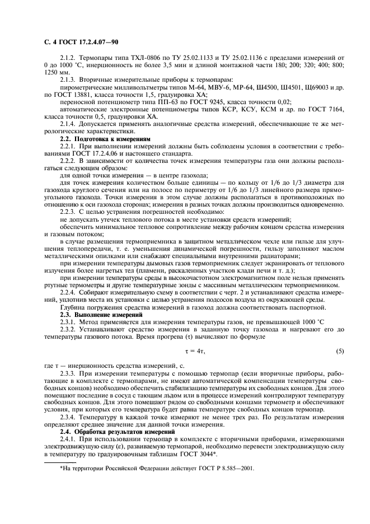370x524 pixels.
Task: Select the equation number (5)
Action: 339,350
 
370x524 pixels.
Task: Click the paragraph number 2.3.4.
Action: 69,417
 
